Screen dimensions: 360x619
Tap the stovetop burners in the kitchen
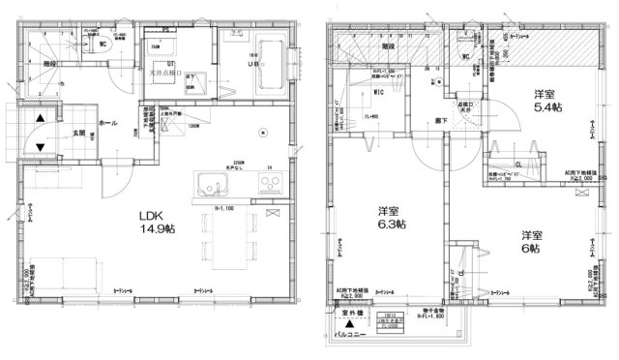[x=271, y=188]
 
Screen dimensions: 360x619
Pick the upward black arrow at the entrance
[x=40, y=121]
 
